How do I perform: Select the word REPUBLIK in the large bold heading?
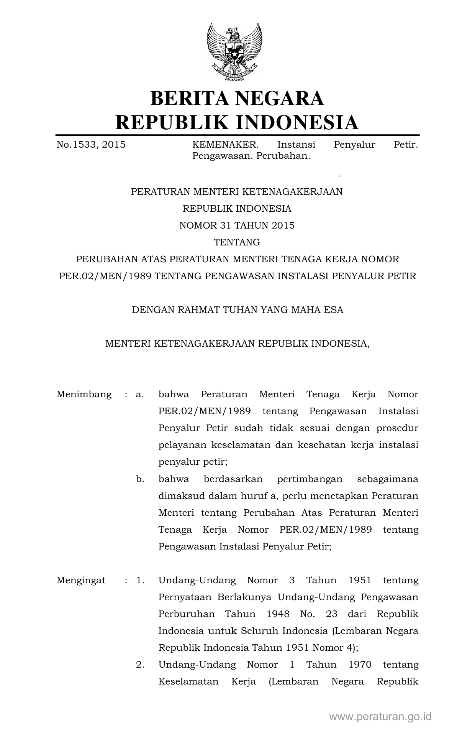[x=172, y=122]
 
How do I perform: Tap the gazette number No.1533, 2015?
[x=91, y=145]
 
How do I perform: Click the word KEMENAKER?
[x=225, y=145]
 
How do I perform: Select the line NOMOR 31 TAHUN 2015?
[x=237, y=225]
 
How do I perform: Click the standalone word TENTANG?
[x=237, y=242]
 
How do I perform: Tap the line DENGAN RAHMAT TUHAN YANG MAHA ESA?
[x=237, y=310]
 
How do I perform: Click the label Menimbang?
[x=84, y=395]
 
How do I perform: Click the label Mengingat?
[x=81, y=580]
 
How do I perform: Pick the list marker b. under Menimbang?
[x=140, y=479]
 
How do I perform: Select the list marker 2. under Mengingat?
[x=140, y=665]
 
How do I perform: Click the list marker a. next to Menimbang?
[x=140, y=395]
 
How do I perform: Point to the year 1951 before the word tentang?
[x=360, y=580]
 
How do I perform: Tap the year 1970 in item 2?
[x=360, y=665]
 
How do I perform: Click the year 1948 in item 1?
[x=278, y=614]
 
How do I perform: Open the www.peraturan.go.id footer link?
[x=380, y=716]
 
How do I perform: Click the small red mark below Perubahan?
[x=340, y=176]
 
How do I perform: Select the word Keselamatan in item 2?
[x=188, y=681]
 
